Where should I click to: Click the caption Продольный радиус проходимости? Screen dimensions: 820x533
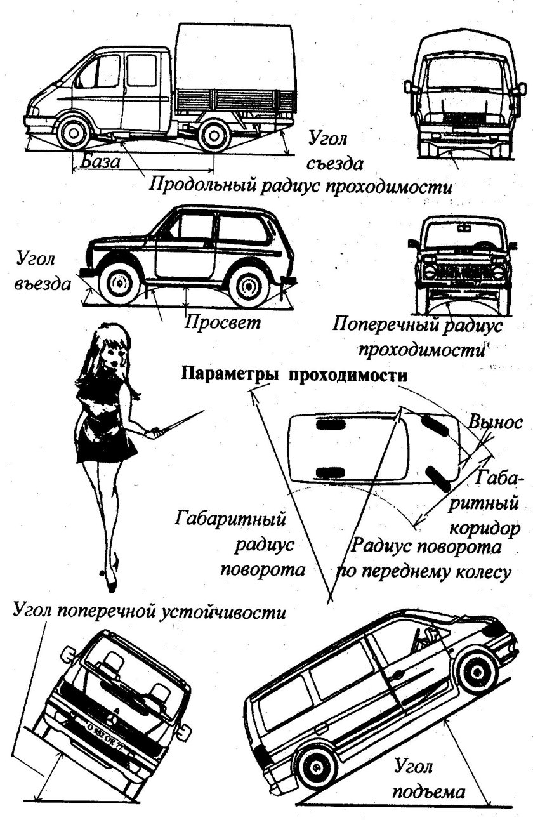(301, 187)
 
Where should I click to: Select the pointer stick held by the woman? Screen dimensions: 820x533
(180, 422)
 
